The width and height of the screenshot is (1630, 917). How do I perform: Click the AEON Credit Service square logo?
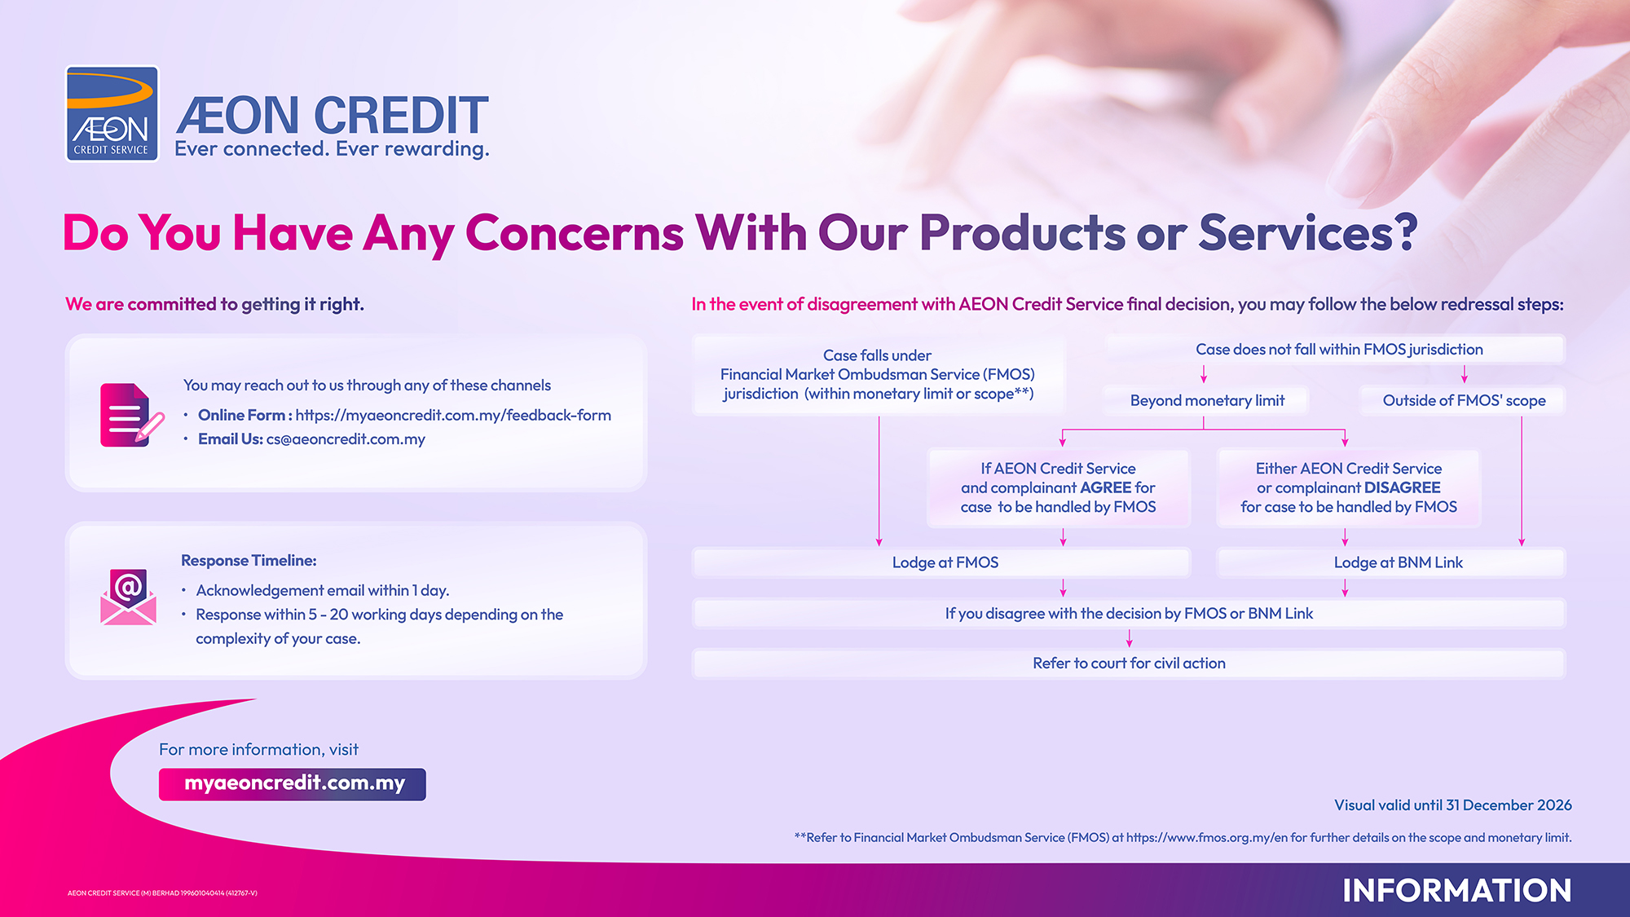(x=112, y=113)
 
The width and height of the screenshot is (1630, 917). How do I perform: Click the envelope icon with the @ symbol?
(x=128, y=597)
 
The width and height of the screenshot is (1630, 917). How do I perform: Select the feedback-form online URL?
(x=453, y=415)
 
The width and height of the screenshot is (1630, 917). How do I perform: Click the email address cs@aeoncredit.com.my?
(x=346, y=439)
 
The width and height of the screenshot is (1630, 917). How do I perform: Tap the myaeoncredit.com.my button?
(x=293, y=784)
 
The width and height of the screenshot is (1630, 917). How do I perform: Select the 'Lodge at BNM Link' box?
(x=1391, y=562)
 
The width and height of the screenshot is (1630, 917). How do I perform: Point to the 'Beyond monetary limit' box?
(x=1207, y=400)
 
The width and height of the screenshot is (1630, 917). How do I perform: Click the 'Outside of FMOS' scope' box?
(x=1464, y=400)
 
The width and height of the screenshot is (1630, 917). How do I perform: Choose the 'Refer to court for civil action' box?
(x=1129, y=664)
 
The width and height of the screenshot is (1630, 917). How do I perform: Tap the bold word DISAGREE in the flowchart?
(x=1402, y=487)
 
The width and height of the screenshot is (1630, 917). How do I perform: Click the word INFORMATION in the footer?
(x=1457, y=890)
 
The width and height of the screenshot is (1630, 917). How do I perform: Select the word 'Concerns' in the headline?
(x=575, y=233)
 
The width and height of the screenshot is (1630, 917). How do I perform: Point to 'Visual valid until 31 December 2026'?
(x=1453, y=805)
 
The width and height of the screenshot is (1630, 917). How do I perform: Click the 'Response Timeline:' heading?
(x=249, y=561)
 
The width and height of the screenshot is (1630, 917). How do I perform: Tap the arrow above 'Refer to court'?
(x=1130, y=638)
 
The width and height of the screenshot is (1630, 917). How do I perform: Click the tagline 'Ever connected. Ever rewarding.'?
(x=332, y=149)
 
